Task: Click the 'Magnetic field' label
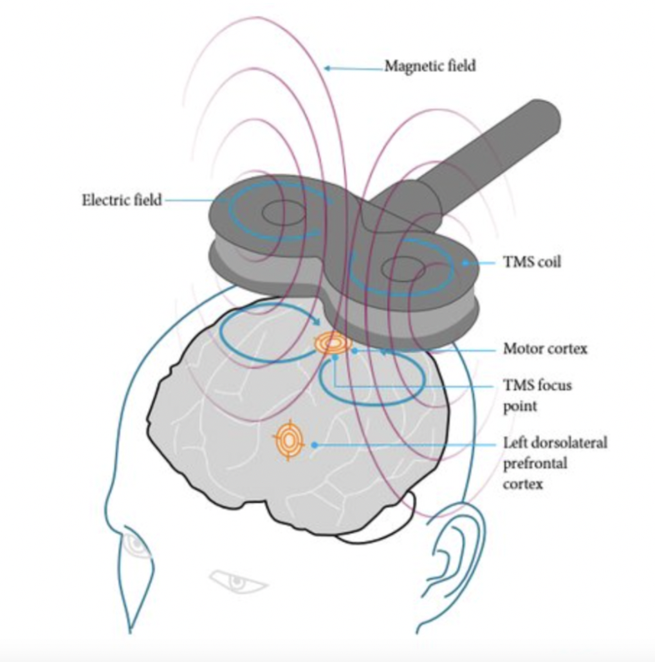point(430,66)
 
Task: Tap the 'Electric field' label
point(122,200)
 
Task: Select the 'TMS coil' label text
point(531,263)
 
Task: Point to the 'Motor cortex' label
point(545,349)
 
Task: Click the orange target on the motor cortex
point(333,344)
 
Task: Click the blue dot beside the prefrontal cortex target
point(314,444)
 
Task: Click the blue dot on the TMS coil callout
point(465,263)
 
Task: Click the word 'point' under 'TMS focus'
point(519,406)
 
